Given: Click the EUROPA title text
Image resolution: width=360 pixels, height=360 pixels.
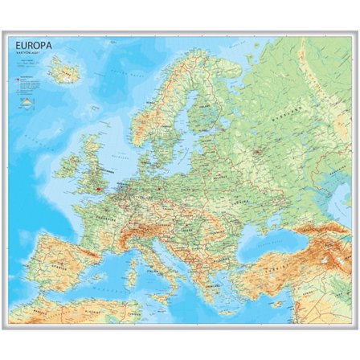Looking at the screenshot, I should [x=34, y=46].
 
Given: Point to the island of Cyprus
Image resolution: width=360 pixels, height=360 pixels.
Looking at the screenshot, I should [x=277, y=305].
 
